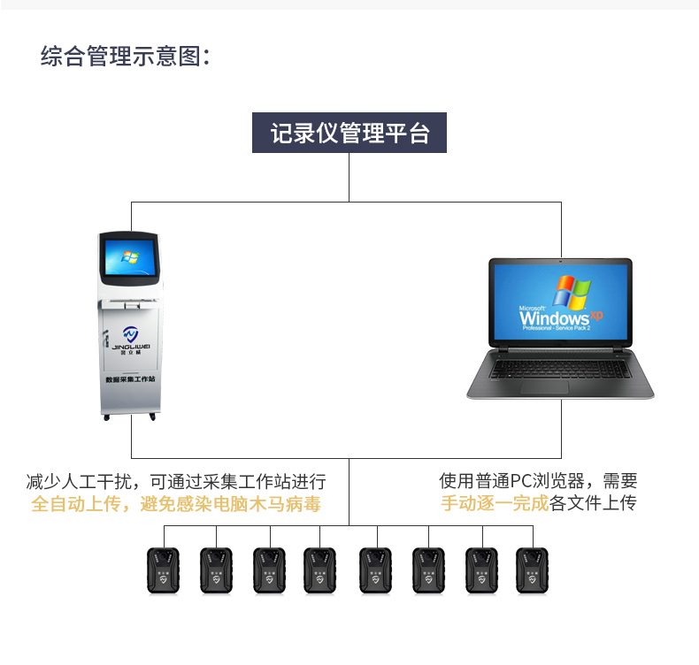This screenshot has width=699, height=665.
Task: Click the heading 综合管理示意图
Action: pyautogui.click(x=125, y=57)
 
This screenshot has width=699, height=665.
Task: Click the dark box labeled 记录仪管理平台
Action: pyautogui.click(x=349, y=134)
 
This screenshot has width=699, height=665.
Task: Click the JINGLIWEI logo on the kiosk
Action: pyautogui.click(x=130, y=337)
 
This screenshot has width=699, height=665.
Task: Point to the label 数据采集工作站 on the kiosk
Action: pyautogui.click(x=130, y=378)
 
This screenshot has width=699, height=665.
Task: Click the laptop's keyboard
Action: pyautogui.click(x=557, y=365)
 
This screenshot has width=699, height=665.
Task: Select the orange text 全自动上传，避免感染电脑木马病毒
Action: pyautogui.click(x=175, y=504)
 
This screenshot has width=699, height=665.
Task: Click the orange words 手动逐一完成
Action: pyautogui.click(x=495, y=504)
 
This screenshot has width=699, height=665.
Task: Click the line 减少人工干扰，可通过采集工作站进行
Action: pyautogui.click(x=175, y=482)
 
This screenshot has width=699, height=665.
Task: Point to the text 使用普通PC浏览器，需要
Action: pyautogui.click(x=538, y=482)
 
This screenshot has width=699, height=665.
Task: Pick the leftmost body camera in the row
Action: pyautogui.click(x=163, y=570)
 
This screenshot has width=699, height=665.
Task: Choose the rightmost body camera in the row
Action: pyautogui.click(x=533, y=570)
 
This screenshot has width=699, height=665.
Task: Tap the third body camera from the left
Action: pyautogui.click(x=269, y=570)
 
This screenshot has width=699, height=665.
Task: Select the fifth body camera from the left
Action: pyautogui.click(x=375, y=570)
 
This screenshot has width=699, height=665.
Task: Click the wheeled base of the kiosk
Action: pyautogui.click(x=130, y=414)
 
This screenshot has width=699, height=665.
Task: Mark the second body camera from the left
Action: pyautogui.click(x=216, y=570)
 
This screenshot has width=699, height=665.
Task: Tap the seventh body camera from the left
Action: pyautogui.click(x=482, y=570)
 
